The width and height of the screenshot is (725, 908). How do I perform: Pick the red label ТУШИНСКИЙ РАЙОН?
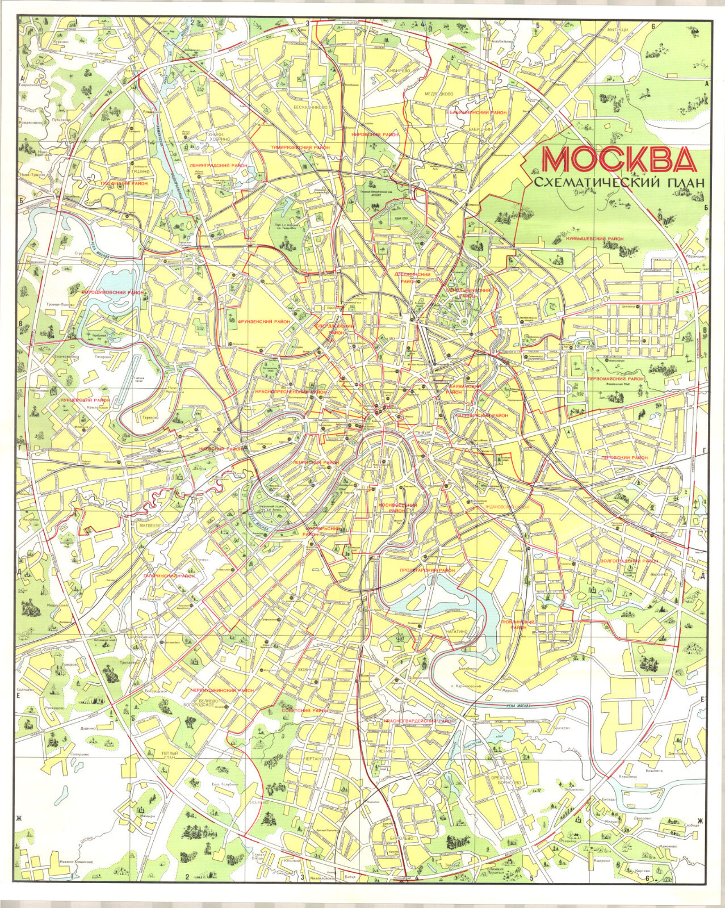click(124, 183)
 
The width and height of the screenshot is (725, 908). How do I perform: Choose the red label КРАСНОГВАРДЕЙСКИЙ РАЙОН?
click(419, 721)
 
